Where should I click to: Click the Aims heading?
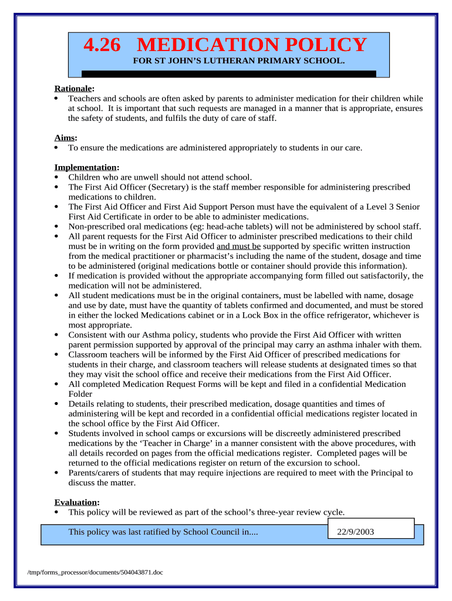[x=65, y=137]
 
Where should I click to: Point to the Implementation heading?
[x=86, y=167]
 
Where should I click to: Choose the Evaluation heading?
[x=76, y=502]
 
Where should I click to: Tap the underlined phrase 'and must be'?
[x=238, y=246]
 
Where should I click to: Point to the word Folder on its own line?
[x=80, y=394]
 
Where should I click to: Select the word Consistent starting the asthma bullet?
[x=88, y=335]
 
